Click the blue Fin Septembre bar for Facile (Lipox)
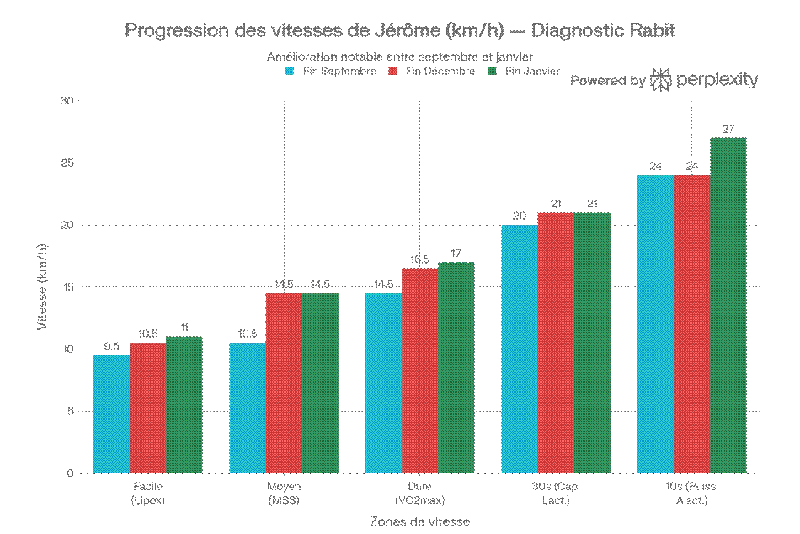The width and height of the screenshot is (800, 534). (111, 414)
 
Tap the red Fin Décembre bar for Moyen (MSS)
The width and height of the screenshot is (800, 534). (284, 382)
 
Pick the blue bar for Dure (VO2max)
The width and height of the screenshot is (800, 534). (384, 382)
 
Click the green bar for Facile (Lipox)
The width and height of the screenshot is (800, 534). (184, 404)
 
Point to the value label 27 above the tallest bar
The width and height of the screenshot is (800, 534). (728, 129)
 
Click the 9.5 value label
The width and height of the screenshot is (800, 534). (111, 346)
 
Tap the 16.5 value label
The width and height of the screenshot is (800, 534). (419, 259)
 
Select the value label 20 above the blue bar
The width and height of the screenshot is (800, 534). (520, 216)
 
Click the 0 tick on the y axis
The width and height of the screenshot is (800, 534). (72, 473)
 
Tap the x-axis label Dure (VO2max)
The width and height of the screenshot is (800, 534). (420, 494)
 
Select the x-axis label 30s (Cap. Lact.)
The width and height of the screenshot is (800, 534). (556, 494)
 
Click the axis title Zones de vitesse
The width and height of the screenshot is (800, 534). (419, 521)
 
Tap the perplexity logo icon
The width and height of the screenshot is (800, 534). (661, 80)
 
